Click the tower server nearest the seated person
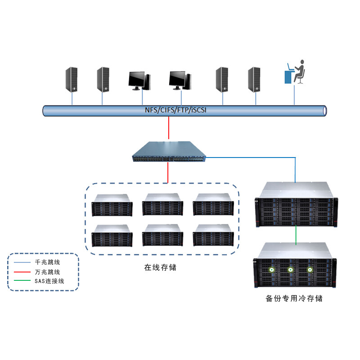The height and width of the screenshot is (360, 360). tap(254, 79)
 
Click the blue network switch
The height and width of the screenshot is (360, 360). tap(169, 152)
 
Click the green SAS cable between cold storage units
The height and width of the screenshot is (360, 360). tap(296, 234)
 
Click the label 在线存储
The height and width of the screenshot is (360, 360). tap(160, 267)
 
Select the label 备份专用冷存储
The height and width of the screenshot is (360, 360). tap(294, 298)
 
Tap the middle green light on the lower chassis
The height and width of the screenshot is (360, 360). tap(290, 270)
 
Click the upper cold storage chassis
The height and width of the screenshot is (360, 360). tap(296, 205)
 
